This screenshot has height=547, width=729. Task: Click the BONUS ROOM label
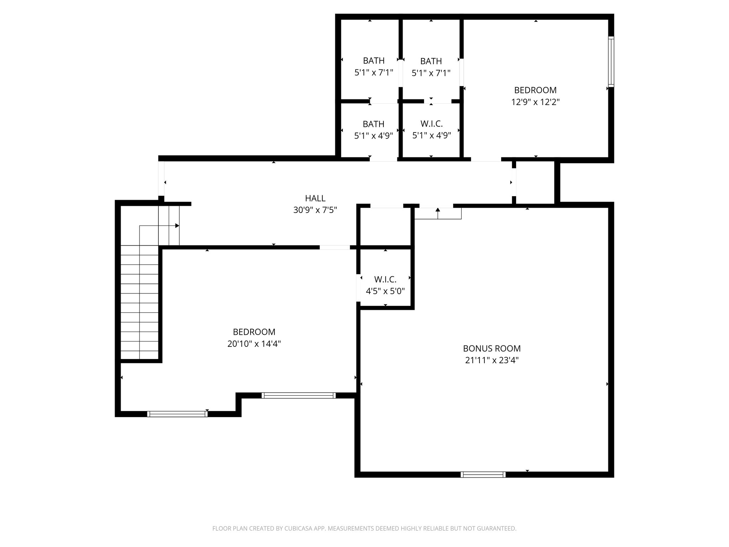492,348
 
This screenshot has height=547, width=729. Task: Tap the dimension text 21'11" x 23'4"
492,360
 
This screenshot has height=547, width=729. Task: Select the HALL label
315,198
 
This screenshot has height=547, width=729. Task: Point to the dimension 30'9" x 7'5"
315,210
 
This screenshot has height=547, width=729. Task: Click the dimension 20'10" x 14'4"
254,344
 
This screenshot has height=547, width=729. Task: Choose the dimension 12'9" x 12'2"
535,102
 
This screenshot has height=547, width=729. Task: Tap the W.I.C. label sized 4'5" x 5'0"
385,280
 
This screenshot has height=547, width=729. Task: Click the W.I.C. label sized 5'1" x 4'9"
431,124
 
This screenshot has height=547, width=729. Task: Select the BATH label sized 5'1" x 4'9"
373,124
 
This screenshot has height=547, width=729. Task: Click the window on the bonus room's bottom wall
483,474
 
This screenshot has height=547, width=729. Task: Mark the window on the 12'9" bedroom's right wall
611,62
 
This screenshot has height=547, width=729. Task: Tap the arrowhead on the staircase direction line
177,226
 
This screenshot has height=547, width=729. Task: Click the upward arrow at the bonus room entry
438,210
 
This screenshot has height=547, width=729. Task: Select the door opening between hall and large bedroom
335,247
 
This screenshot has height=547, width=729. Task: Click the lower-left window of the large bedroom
177,414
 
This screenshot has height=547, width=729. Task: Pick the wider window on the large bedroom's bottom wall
298,395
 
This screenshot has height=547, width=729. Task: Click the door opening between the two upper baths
400,73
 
